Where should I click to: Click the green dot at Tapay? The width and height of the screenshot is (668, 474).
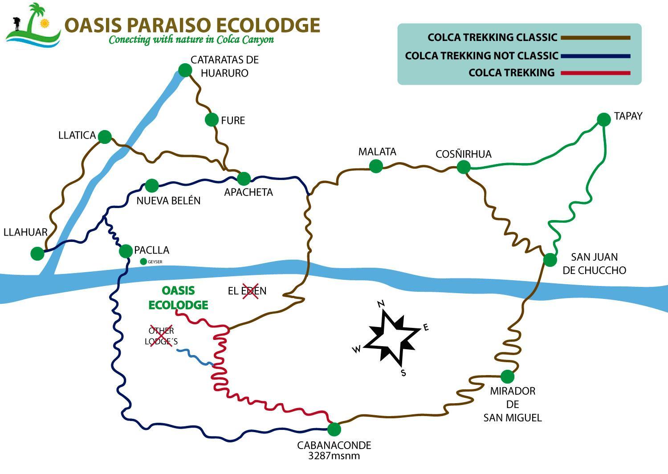tap(604, 120)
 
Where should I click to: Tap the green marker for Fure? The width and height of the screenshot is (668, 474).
tap(212, 120)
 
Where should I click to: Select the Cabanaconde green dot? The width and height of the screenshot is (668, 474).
tap(334, 429)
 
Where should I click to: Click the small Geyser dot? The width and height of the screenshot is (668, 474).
tap(143, 262)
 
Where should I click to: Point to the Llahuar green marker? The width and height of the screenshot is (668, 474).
tap(37, 253)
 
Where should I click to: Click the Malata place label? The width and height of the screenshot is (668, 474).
tap(377, 151)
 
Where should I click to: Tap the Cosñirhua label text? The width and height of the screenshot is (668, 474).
tap(464, 154)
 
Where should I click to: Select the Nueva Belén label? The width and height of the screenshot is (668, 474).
tap(168, 200)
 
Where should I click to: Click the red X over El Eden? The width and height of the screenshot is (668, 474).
tap(250, 291)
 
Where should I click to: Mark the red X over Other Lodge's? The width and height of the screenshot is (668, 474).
tap(161, 335)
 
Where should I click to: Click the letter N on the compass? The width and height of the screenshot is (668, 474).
tap(381, 304)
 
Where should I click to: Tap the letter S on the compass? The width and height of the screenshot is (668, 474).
tap(403, 372)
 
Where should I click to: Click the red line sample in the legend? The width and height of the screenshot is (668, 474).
tap(595, 73)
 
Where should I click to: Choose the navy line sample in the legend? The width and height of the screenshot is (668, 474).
tap(595, 56)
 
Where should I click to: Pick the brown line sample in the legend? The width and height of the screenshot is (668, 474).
tap(595, 37)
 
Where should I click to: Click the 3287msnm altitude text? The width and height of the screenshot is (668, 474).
tap(334, 456)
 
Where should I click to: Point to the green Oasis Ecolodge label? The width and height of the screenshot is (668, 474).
tap(178, 298)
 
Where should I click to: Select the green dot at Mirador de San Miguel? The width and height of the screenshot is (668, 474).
tap(507, 376)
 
